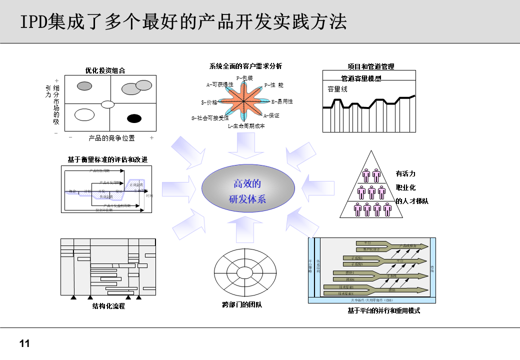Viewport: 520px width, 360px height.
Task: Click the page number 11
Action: (x=24, y=343)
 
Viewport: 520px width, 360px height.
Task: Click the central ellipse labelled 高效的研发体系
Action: (x=248, y=191)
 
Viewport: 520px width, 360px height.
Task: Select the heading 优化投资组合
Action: (x=105, y=70)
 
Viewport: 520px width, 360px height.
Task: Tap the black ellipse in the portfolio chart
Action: (x=134, y=118)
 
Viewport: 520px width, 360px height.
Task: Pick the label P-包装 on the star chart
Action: (x=244, y=78)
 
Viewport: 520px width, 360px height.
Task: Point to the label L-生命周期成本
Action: (x=246, y=126)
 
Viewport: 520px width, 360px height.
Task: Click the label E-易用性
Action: (x=282, y=101)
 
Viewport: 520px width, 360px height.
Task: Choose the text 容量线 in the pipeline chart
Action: (x=337, y=89)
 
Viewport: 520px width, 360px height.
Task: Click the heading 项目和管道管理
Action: (x=371, y=66)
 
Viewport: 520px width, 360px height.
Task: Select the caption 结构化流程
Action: (x=108, y=306)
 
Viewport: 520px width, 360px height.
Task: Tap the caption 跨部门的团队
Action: (x=242, y=304)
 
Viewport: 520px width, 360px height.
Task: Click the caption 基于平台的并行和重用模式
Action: (x=383, y=310)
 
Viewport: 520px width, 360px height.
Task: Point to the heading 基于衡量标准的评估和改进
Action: (x=107, y=159)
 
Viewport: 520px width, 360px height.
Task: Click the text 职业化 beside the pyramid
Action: (x=405, y=187)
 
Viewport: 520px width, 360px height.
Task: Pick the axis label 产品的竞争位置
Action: (x=111, y=138)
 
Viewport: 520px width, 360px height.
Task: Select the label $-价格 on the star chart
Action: (x=209, y=102)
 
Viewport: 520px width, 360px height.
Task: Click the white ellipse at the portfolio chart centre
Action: (x=108, y=104)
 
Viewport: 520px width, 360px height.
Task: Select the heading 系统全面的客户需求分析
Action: (x=245, y=66)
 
